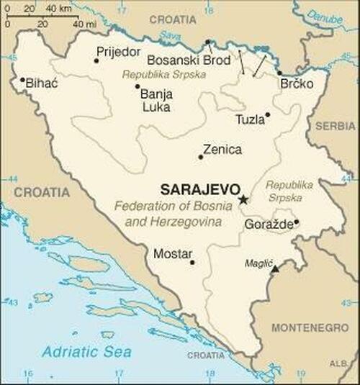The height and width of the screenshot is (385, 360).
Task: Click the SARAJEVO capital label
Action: click(199, 190)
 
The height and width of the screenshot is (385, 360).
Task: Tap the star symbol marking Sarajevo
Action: click(243, 199)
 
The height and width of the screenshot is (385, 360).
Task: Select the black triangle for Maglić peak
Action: click(274, 268)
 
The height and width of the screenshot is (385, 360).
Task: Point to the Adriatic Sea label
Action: click(86, 352)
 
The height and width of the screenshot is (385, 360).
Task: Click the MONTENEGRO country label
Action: click(310, 327)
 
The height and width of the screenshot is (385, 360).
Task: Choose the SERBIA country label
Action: click(336, 125)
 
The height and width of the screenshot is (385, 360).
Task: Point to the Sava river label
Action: click(171, 35)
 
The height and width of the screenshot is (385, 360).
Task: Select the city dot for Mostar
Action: click(192, 262)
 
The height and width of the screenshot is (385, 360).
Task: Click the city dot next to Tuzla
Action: click(268, 114)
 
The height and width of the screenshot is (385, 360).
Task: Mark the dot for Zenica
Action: click(201, 157)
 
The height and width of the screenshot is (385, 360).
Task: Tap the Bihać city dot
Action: click(22, 80)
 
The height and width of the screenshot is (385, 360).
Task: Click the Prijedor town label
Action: click(119, 52)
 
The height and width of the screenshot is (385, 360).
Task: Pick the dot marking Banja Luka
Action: click(138, 86)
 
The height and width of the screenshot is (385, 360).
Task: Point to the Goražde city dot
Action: click(296, 222)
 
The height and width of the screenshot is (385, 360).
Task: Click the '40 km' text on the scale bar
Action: click(58, 9)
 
